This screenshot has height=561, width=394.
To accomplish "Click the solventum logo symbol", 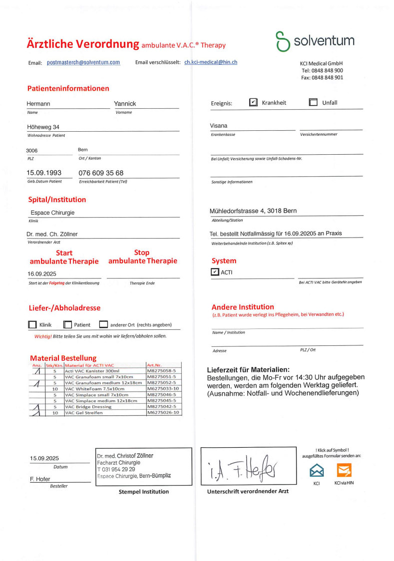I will point(283,41).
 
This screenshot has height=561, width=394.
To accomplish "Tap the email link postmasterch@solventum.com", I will point(83,62).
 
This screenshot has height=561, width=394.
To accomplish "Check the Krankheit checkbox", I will point(253,102).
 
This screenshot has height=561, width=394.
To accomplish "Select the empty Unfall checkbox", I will point(313,102).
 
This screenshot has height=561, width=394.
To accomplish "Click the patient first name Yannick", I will point(125,104).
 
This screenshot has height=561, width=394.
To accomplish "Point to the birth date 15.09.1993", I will point(44,173).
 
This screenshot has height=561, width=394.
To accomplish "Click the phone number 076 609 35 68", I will point(101,173).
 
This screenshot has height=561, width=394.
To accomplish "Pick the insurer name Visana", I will point(218,126).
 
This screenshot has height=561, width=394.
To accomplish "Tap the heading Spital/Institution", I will point(57,200).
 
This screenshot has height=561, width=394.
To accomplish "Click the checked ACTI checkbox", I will point(215,272).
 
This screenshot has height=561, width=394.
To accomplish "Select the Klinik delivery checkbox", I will point(32,325).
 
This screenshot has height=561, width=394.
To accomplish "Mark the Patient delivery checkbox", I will point(68,325).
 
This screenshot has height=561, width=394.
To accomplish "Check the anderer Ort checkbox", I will point(103,325).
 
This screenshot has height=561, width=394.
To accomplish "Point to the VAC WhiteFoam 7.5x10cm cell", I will point(94,388).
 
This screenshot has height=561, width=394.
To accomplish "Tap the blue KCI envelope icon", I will point(317,470).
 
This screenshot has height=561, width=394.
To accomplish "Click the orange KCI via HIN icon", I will point(344,470).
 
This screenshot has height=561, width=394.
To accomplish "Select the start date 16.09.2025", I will point(43,274).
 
